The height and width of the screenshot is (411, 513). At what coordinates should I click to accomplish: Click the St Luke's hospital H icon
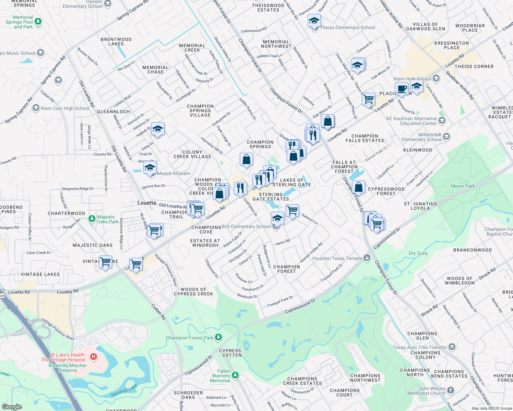[93, 357]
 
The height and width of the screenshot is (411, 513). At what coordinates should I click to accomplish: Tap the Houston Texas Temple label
[337, 258]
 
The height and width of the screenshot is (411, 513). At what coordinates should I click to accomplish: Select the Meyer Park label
[463, 186]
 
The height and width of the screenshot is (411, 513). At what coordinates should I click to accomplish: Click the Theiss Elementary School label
[347, 27]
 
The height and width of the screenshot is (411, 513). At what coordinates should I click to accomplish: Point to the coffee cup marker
[402, 89]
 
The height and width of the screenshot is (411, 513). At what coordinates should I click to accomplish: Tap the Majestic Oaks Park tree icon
[92, 219]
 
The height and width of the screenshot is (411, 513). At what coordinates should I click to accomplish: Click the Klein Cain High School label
[65, 108]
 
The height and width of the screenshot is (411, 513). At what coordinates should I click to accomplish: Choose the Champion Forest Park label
[190, 338]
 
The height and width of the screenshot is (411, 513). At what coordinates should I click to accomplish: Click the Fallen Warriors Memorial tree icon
[235, 375]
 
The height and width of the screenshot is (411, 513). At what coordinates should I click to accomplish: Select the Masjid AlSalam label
[174, 173]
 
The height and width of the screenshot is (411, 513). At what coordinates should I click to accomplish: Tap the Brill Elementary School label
[246, 226]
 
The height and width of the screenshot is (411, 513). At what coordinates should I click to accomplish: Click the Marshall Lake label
[124, 390]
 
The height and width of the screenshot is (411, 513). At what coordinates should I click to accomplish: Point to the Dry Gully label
[418, 253]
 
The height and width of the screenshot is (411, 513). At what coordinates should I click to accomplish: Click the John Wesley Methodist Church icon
[450, 390]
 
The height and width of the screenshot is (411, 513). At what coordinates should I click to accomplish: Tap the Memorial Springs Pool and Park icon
[38, 22]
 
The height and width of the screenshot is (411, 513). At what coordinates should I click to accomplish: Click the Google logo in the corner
[12, 407]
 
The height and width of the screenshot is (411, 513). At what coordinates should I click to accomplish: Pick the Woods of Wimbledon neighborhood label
[460, 281]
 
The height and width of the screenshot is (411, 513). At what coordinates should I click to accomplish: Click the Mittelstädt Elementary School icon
[446, 137]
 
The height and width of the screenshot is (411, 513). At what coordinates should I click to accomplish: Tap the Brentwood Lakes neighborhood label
[116, 41]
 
